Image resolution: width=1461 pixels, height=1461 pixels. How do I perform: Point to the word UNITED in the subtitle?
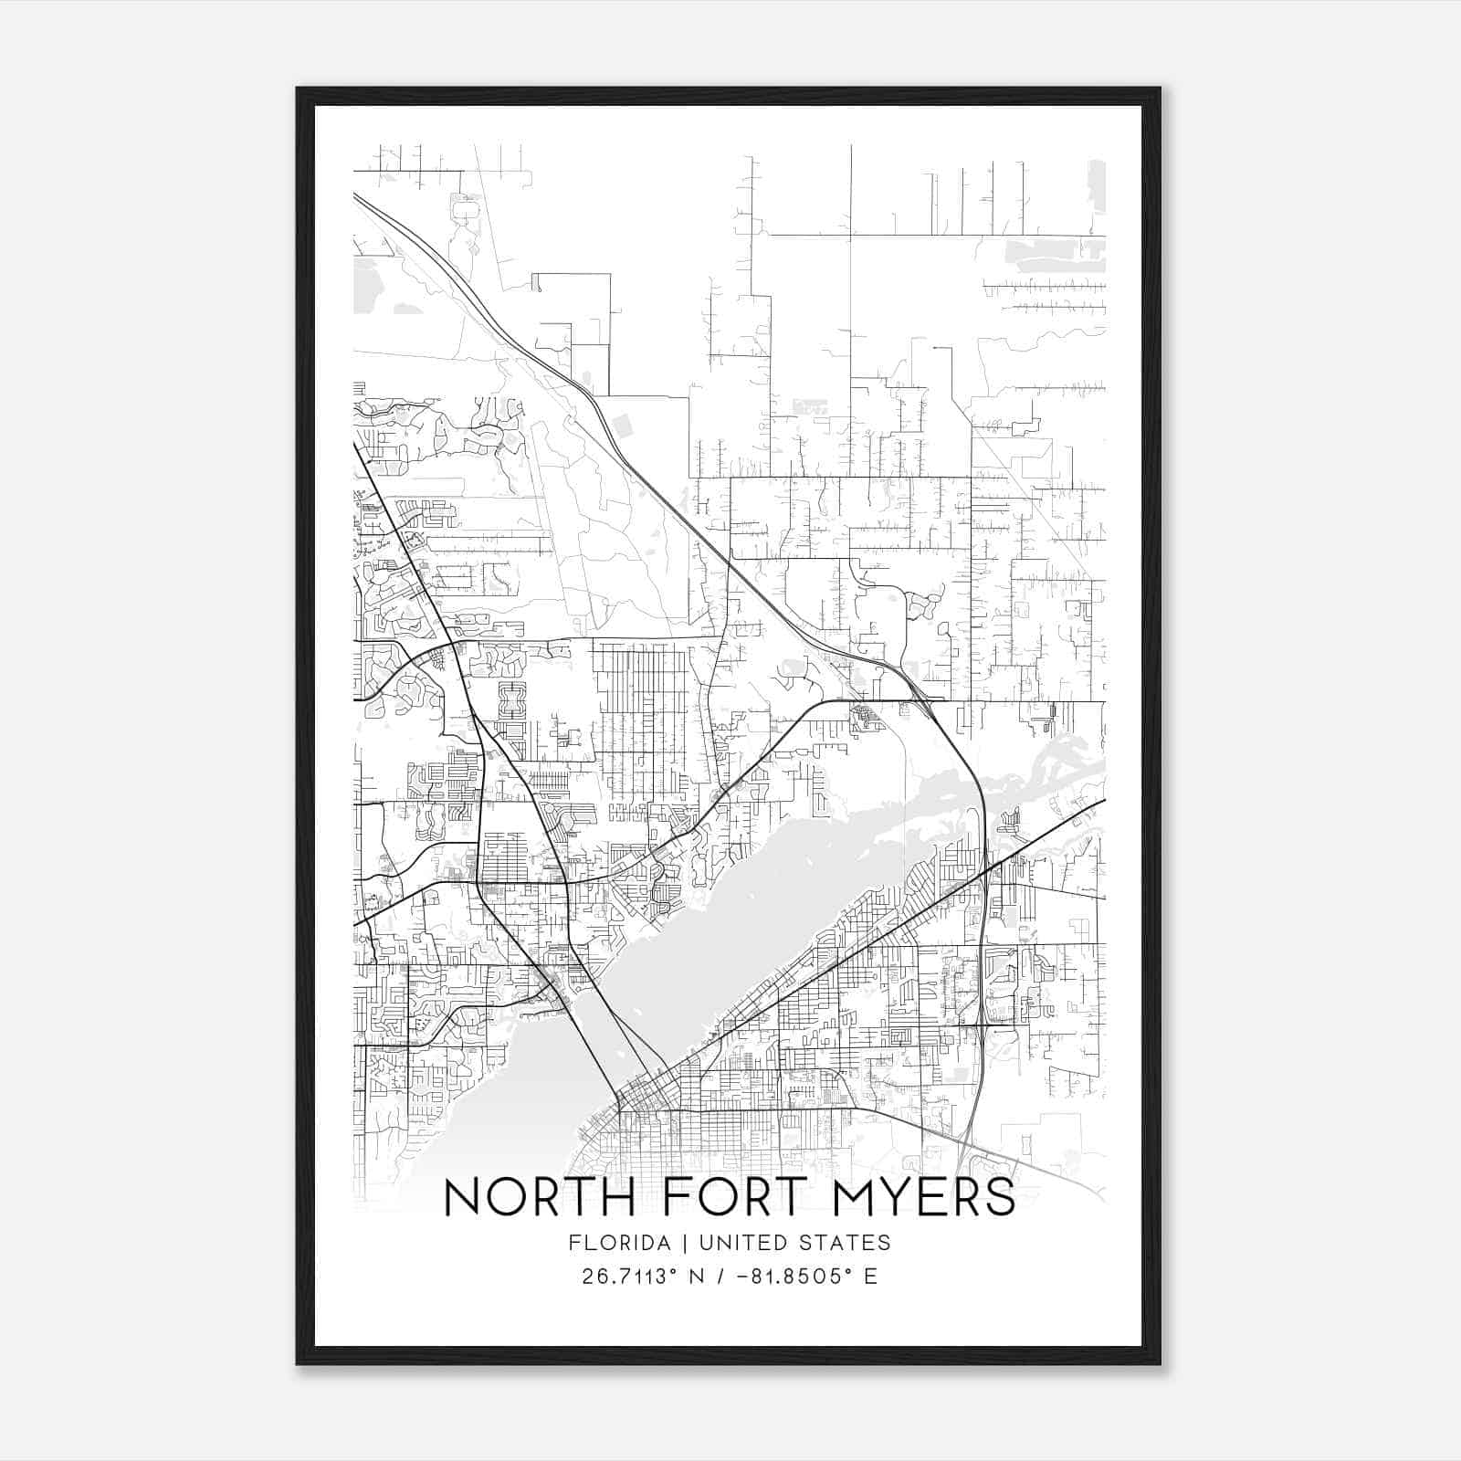pos(741,1243)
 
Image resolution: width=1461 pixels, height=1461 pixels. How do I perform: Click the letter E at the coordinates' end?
pos(870,1277)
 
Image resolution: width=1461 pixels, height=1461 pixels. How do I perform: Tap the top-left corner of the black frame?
pos(298,89)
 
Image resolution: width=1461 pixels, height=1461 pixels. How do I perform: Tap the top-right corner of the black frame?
pos(1159,89)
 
